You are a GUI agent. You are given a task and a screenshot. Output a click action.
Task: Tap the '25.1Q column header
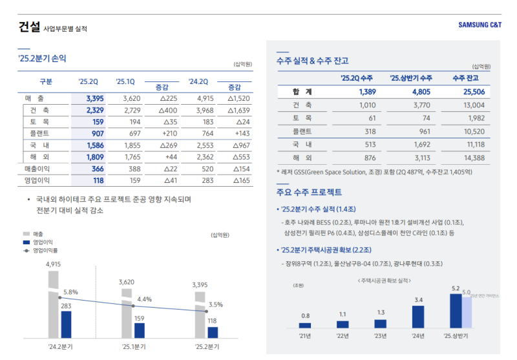coord(125,81)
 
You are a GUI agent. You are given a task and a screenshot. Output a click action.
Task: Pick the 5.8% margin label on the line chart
coord(70,292)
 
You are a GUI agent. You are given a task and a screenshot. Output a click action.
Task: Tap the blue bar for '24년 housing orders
coord(418,317)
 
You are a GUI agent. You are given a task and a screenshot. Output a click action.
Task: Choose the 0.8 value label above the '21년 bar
coord(305,315)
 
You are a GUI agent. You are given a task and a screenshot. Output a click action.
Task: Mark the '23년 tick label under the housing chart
coord(380,336)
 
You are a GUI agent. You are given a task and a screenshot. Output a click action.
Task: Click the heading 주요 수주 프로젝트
coord(309,193)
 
